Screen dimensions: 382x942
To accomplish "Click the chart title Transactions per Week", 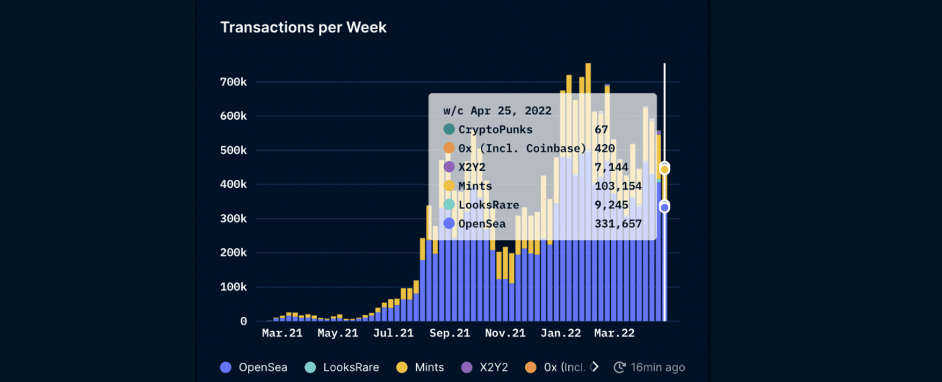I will click(303, 27).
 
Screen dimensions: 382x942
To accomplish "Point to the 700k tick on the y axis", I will click(234, 82).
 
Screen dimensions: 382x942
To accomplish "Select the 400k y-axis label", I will click(234, 184).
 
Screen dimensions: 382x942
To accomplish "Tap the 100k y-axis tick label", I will click(234, 287).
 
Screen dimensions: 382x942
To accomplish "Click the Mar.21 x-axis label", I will click(282, 333).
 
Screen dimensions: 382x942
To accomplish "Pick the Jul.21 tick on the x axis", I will click(394, 333).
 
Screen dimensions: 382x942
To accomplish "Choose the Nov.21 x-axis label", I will click(505, 333).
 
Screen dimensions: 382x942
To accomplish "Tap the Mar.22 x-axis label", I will click(615, 333).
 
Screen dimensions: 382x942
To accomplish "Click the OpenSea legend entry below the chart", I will click(254, 367).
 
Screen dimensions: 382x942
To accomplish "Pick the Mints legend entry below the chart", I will click(420, 367).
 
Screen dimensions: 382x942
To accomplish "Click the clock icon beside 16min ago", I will click(620, 367).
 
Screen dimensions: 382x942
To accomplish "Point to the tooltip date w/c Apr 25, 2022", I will click(497, 111).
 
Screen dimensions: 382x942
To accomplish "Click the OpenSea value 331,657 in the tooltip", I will click(618, 224).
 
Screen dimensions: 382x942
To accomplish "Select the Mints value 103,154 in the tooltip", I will click(618, 186).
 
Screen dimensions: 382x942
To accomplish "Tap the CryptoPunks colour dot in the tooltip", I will click(449, 130).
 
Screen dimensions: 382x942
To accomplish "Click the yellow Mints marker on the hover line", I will click(664, 169).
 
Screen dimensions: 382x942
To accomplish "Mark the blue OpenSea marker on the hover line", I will click(664, 208).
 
